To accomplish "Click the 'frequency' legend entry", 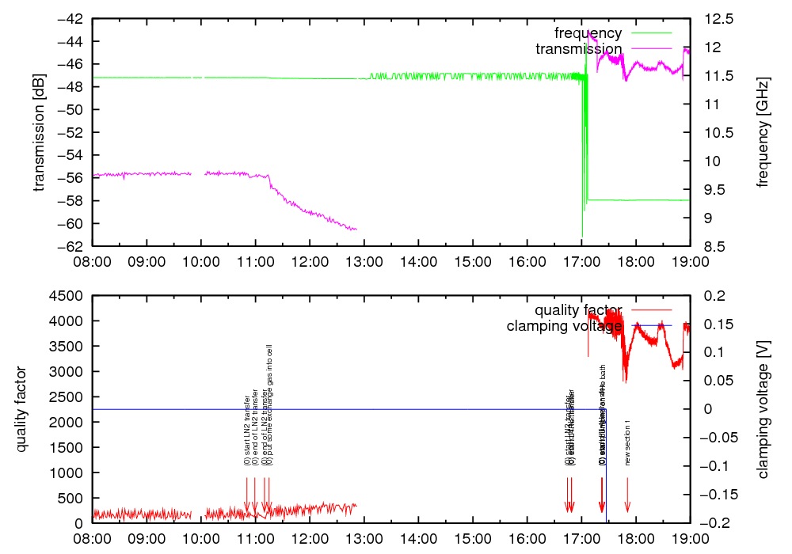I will tap(588, 33).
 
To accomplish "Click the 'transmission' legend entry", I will tap(578, 49).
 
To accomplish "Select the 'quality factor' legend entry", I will tap(578, 309).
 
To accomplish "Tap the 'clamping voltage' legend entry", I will tap(564, 325).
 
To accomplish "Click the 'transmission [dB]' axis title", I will tap(39, 132).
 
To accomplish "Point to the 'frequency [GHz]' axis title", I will tap(763, 132).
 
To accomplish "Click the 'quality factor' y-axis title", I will tap(21, 409).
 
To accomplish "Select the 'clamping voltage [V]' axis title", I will tap(763, 409).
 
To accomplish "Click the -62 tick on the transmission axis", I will tap(74, 246).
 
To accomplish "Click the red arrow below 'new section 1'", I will tap(627, 499).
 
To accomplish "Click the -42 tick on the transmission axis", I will tap(74, 18).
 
